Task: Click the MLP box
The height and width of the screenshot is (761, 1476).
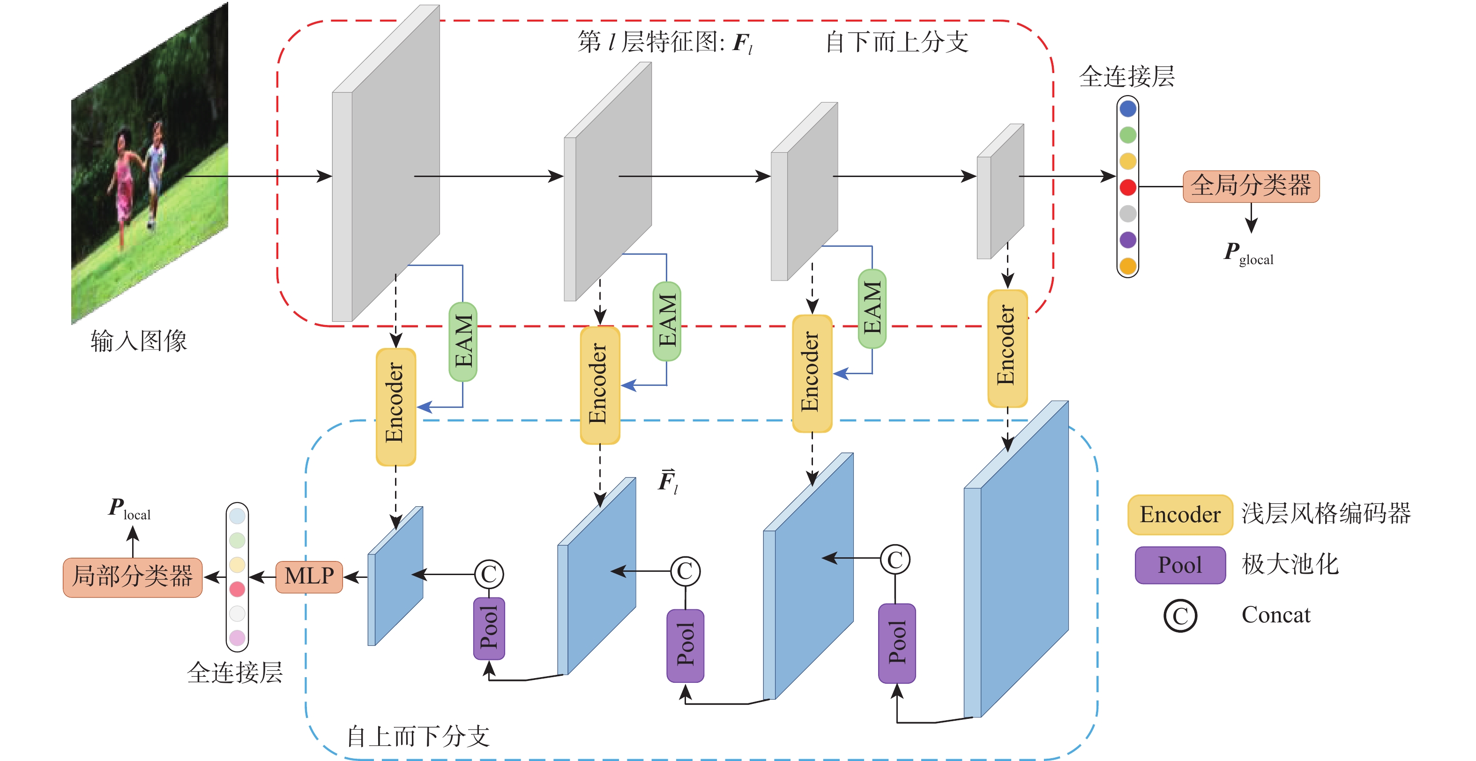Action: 309,576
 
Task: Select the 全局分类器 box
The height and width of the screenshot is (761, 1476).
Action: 1251,186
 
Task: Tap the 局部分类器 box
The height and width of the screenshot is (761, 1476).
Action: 132,576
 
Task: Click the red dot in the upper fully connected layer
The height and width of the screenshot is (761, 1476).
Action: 1128,187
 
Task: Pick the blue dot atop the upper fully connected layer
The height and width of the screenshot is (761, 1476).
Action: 1128,108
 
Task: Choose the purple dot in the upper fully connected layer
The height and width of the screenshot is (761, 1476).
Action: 1128,239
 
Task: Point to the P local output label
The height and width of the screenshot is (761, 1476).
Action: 129,509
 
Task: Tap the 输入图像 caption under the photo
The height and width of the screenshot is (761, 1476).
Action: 139,341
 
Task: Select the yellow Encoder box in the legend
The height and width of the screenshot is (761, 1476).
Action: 1180,514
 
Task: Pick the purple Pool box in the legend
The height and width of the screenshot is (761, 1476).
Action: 1180,565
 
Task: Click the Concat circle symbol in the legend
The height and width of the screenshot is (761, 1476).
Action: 1180,615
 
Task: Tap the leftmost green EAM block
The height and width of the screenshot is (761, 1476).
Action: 463,341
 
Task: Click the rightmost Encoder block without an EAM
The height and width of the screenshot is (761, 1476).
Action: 1007,347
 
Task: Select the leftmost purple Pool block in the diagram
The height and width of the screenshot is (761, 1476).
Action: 489,628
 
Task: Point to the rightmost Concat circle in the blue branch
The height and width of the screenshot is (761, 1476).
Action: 895,560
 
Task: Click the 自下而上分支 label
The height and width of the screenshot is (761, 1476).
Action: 897,42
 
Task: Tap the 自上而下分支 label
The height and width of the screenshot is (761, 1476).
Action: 418,736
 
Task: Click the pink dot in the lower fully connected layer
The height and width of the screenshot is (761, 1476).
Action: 237,637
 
